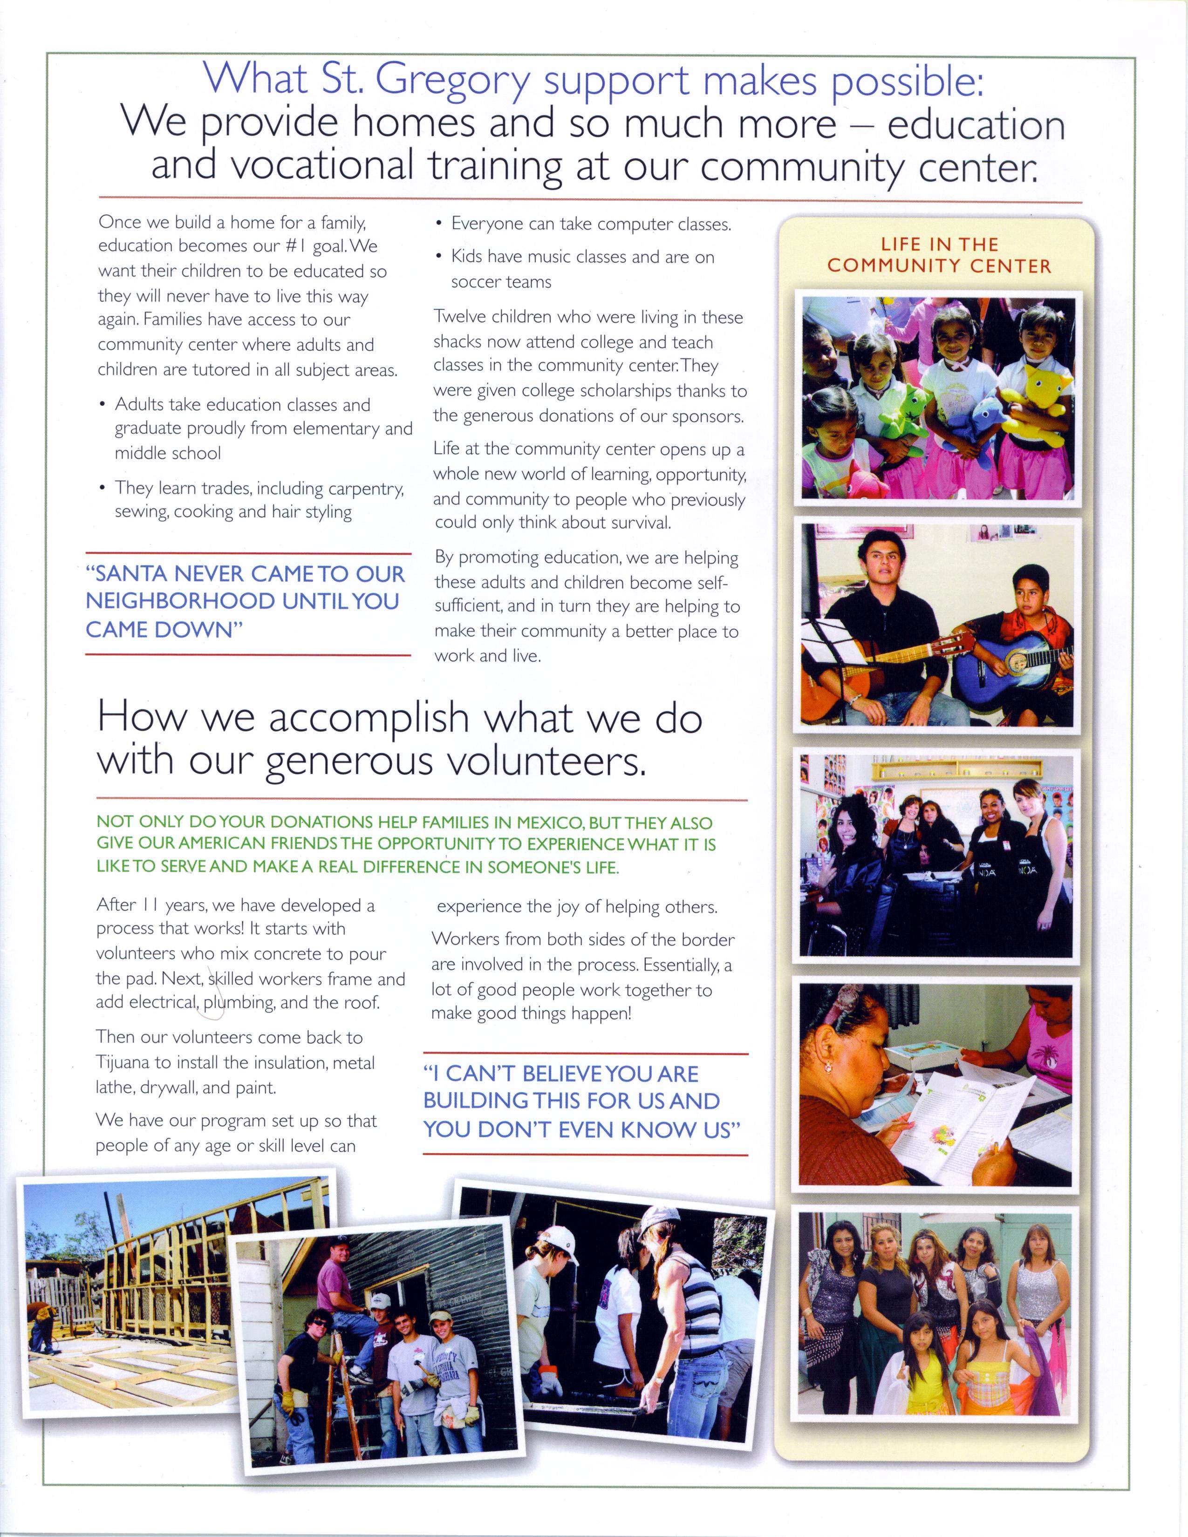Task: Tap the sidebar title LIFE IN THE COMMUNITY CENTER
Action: pyautogui.click(x=938, y=255)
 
